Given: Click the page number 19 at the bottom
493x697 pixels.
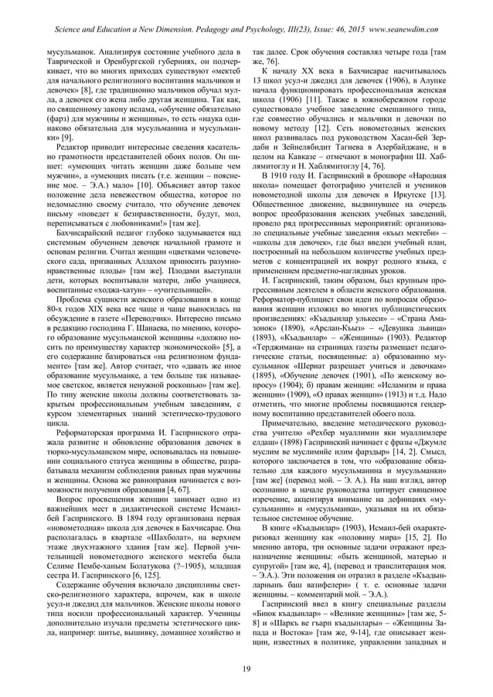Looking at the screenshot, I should click(x=246, y=668).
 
